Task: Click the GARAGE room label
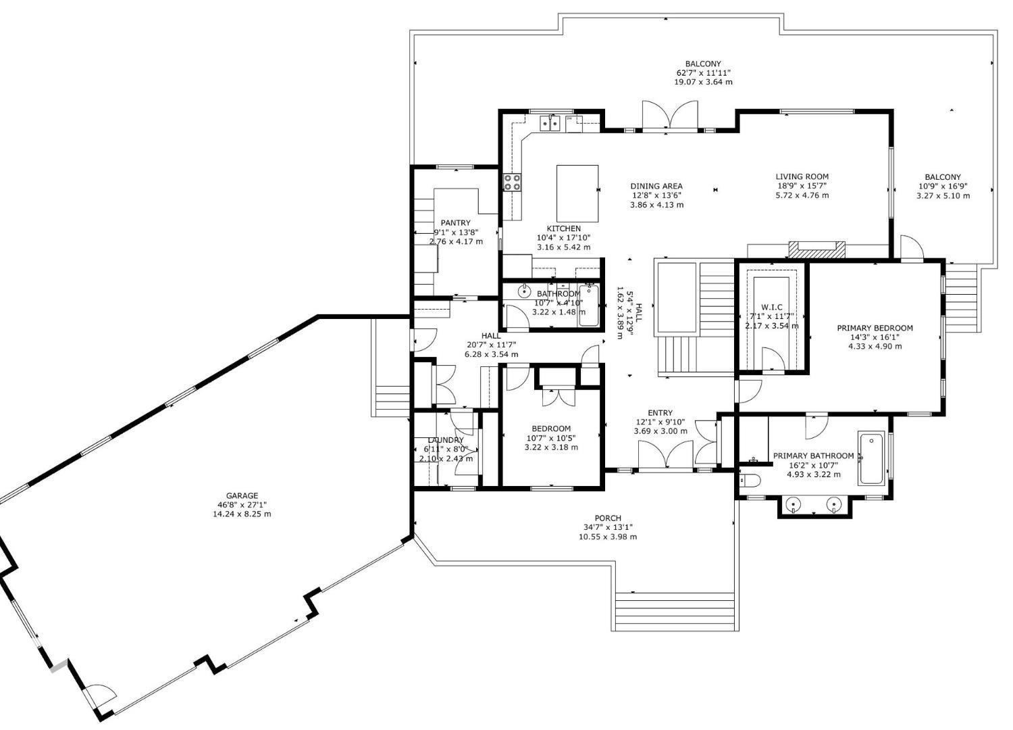click(242, 495)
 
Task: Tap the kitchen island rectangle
click(577, 193)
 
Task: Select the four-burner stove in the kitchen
click(512, 182)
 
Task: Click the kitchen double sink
click(549, 123)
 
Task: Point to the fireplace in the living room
click(817, 249)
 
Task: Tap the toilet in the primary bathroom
click(750, 481)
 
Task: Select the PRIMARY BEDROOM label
click(875, 328)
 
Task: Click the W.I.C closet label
click(771, 307)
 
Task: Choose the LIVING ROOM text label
click(802, 176)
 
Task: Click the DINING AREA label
click(656, 186)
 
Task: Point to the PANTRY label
click(455, 222)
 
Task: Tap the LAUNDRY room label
click(445, 440)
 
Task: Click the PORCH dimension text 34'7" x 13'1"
click(607, 527)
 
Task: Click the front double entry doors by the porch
click(665, 454)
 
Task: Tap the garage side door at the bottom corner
click(100, 696)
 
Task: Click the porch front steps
click(674, 611)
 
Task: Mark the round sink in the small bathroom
click(524, 292)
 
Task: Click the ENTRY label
click(660, 413)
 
